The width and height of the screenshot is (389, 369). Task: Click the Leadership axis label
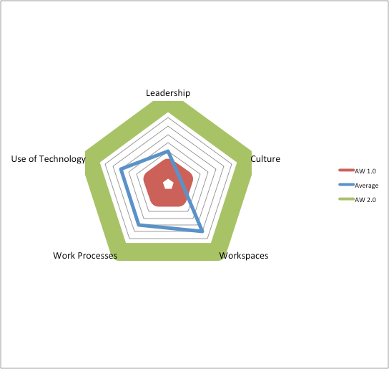(x=168, y=93)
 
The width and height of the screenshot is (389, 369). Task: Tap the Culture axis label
(x=265, y=158)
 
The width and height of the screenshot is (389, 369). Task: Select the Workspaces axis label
(x=244, y=256)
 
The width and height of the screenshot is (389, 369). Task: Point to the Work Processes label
(x=85, y=255)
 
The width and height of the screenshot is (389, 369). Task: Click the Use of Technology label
(x=48, y=159)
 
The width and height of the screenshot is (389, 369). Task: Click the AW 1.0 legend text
(x=365, y=171)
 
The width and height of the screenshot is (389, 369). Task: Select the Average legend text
(x=366, y=186)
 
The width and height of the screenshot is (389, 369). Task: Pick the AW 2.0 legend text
(x=365, y=200)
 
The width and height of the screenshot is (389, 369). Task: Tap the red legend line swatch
(x=346, y=171)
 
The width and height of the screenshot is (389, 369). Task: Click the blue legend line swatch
(x=346, y=185)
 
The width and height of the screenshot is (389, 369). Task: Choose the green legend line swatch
(x=346, y=199)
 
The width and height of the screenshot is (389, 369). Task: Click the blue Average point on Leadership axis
(x=168, y=151)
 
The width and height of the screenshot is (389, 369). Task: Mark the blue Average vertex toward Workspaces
(x=202, y=231)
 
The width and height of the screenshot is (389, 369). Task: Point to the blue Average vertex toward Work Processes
(x=139, y=225)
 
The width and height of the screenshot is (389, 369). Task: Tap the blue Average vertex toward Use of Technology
(x=121, y=169)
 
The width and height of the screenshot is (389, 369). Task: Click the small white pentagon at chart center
(x=168, y=184)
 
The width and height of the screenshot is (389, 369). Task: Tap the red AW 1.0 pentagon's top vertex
(x=168, y=160)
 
